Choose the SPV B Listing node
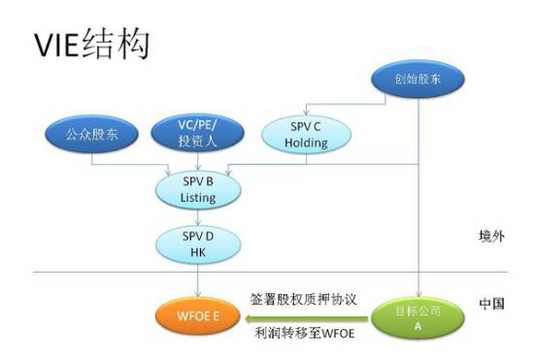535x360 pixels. (x=198, y=189)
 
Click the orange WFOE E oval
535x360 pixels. (x=198, y=315)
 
